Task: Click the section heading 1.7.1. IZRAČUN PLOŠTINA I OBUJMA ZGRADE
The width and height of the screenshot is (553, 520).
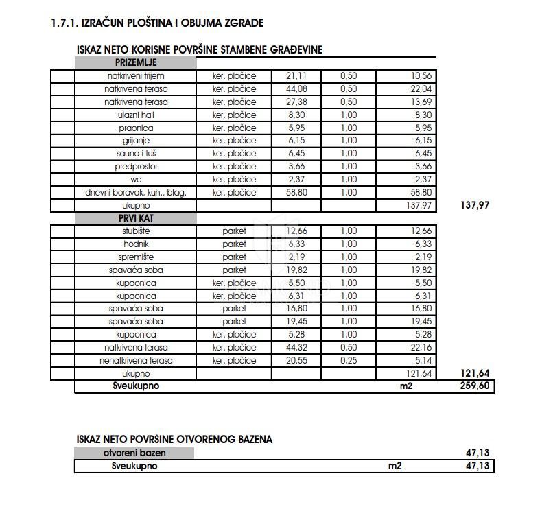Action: coord(157,23)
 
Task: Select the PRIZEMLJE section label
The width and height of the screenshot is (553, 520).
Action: coord(135,62)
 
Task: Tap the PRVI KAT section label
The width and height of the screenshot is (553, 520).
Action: coord(135,218)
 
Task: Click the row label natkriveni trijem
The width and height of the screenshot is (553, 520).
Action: coord(135,75)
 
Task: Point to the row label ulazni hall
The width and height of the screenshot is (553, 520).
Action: coord(135,115)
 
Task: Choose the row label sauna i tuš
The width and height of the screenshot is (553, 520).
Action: coord(135,154)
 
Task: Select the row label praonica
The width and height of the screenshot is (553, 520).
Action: coord(135,128)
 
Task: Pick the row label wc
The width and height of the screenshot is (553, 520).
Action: coord(135,180)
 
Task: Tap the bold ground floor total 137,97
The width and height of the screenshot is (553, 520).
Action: coord(474,205)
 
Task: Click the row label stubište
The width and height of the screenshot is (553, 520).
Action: coord(135,231)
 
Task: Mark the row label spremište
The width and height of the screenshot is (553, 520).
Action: coord(135,257)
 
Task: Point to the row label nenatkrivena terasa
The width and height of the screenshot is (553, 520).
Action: coord(135,361)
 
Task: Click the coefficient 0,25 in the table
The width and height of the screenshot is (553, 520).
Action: coord(349,361)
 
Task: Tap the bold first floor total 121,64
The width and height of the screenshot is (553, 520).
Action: coord(474,374)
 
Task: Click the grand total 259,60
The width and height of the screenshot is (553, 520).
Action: coord(474,387)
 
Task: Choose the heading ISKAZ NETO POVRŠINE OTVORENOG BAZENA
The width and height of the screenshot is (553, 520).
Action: coord(174,439)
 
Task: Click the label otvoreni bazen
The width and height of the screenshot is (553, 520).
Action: coord(134,453)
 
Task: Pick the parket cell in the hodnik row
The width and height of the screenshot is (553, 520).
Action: coord(234,244)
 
